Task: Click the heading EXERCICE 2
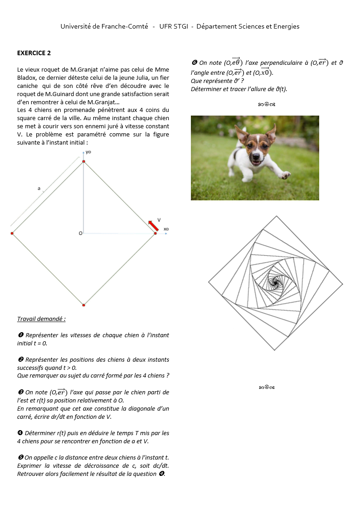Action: pos(34,53)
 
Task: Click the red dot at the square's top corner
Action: pos(83,161)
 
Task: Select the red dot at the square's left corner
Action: pos(12,233)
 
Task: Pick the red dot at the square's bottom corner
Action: pos(83,305)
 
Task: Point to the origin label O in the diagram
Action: pos(80,233)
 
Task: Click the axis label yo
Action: pos(88,152)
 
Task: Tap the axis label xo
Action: pos(166,229)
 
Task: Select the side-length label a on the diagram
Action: pos(39,188)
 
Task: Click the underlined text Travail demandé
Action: pos(41,319)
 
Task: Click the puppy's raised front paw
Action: pos(285,175)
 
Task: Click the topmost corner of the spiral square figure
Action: pos(275,216)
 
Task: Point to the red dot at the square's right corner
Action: pos(155,233)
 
